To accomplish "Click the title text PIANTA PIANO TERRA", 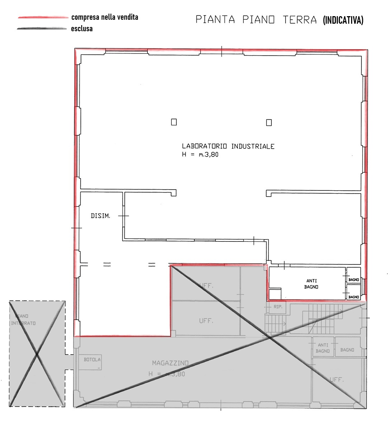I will coord(256,19).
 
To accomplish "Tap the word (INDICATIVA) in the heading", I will coord(343,20).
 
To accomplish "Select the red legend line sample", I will coord(43,17).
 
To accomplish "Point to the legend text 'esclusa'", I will coord(82,29).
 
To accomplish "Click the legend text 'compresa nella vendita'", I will coord(105,17).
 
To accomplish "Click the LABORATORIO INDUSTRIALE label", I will coord(228,146).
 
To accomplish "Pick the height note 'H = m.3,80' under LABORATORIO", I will coord(200,155).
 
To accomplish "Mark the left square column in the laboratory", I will coord(174,122).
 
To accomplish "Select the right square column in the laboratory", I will coord(269,122).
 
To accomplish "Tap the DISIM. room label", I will coord(100,216).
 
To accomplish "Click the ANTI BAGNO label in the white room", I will coord(311,284).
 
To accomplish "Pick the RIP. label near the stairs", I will coord(278,307).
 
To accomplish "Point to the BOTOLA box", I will coord(92,360).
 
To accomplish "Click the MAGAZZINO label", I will coord(170,363).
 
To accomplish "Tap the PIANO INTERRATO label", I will coord(23,320).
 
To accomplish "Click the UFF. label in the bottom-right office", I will coord(336,379).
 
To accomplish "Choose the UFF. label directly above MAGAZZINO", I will coord(206,321).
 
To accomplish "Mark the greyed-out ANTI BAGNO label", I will coord(323,348).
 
